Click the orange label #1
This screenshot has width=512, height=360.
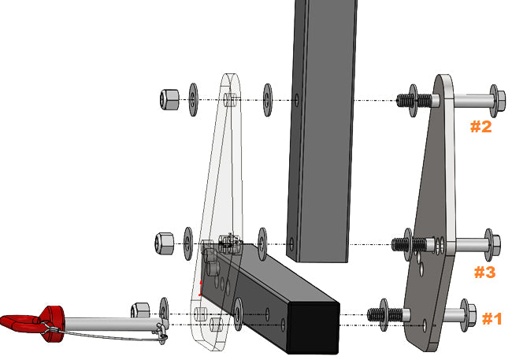492,318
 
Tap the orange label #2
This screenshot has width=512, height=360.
481,126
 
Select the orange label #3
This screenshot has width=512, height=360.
485,272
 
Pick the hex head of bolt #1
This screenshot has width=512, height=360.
471,314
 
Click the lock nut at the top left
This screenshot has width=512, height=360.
169,99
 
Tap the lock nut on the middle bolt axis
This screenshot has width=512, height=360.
165,243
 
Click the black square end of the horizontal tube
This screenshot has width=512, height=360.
314,328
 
